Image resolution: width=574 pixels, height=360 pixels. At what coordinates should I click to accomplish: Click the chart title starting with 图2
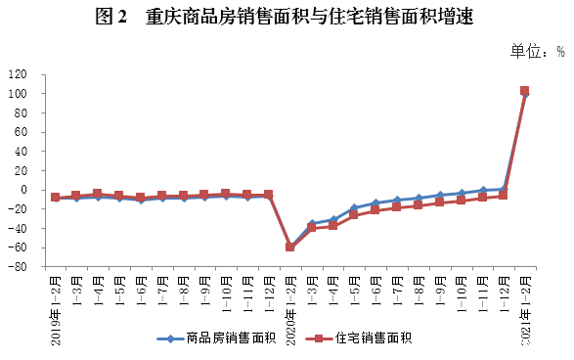pyautogui.click(x=287, y=19)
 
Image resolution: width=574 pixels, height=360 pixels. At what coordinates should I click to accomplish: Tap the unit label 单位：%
pyautogui.click(x=536, y=51)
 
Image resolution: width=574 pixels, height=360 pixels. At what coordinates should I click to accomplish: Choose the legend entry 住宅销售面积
pyautogui.click(x=373, y=338)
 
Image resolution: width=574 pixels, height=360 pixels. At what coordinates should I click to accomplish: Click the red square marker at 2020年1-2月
pyautogui.click(x=289, y=247)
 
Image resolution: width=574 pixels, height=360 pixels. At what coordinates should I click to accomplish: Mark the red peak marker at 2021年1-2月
pyautogui.click(x=524, y=91)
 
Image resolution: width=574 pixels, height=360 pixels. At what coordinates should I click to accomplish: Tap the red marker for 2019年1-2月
pyautogui.click(x=55, y=198)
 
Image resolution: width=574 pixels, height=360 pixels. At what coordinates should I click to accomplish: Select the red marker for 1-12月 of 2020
pyautogui.click(x=503, y=196)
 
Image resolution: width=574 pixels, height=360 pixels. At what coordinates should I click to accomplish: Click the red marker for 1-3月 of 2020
pyautogui.click(x=311, y=228)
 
